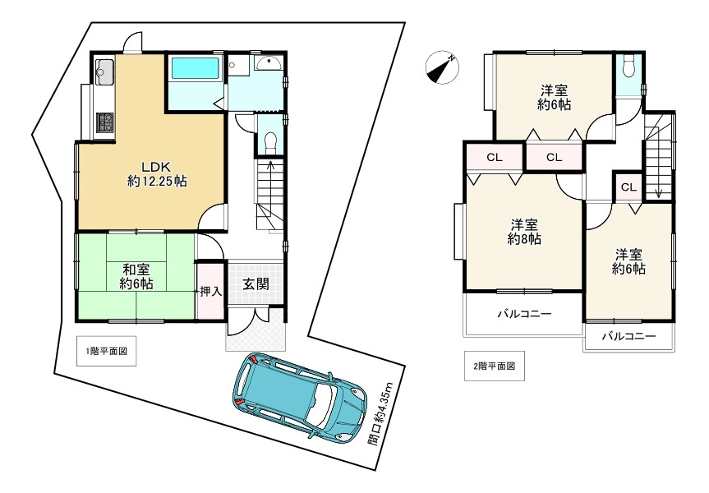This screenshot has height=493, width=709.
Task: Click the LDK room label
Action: point(157,173)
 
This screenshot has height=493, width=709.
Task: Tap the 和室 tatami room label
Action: point(136,277)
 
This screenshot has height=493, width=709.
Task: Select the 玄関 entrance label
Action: point(256,284)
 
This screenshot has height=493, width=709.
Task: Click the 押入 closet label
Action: point(210,291)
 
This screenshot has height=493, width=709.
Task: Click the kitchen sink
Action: point(104,72)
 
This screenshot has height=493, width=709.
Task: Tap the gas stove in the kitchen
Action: point(105,122)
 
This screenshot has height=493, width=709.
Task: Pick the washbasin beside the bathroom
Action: point(269,63)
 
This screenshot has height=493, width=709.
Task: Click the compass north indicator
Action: point(442,67)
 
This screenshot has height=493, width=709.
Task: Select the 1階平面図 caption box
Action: point(106,351)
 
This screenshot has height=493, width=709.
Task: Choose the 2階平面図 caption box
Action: point(495,366)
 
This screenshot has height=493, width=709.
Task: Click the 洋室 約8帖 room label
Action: point(524,232)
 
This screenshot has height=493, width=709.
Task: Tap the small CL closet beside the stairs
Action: point(628,187)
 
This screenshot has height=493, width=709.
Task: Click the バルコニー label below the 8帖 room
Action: point(524,313)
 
